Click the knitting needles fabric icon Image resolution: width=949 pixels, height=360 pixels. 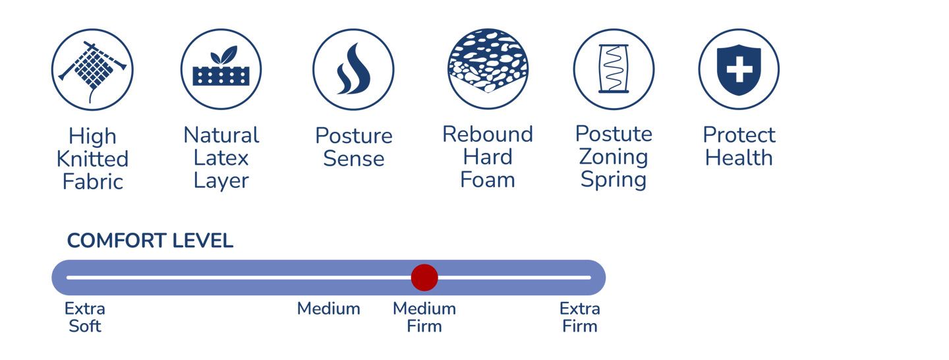[x=92, y=69]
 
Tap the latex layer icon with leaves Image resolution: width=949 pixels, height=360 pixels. [x=221, y=69]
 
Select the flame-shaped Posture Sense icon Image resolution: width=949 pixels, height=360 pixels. [x=353, y=69]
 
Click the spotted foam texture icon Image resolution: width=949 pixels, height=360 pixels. [x=488, y=69]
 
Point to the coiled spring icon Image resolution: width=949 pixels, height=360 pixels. [x=614, y=69]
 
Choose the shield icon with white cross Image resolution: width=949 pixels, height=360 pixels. [x=739, y=69]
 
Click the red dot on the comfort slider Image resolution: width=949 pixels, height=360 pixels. [x=424, y=278]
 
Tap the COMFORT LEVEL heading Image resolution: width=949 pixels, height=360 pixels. [x=150, y=241]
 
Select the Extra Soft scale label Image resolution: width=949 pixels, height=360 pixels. [x=85, y=317]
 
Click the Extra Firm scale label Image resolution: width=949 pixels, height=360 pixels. [x=579, y=317]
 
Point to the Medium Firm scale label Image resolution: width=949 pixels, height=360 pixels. [x=424, y=317]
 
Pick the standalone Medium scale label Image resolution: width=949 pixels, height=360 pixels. [x=328, y=309]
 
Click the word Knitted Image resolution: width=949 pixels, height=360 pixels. [x=92, y=159]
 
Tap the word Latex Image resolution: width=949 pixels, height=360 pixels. [x=221, y=158]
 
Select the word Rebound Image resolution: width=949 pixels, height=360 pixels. [x=488, y=135]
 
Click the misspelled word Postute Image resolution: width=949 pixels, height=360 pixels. [x=614, y=134]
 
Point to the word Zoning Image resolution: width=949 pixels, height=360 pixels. [x=614, y=158]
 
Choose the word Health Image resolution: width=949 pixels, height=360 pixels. [x=739, y=158]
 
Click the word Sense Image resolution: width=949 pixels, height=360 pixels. [x=354, y=159]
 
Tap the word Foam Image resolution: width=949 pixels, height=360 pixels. [x=488, y=179]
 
